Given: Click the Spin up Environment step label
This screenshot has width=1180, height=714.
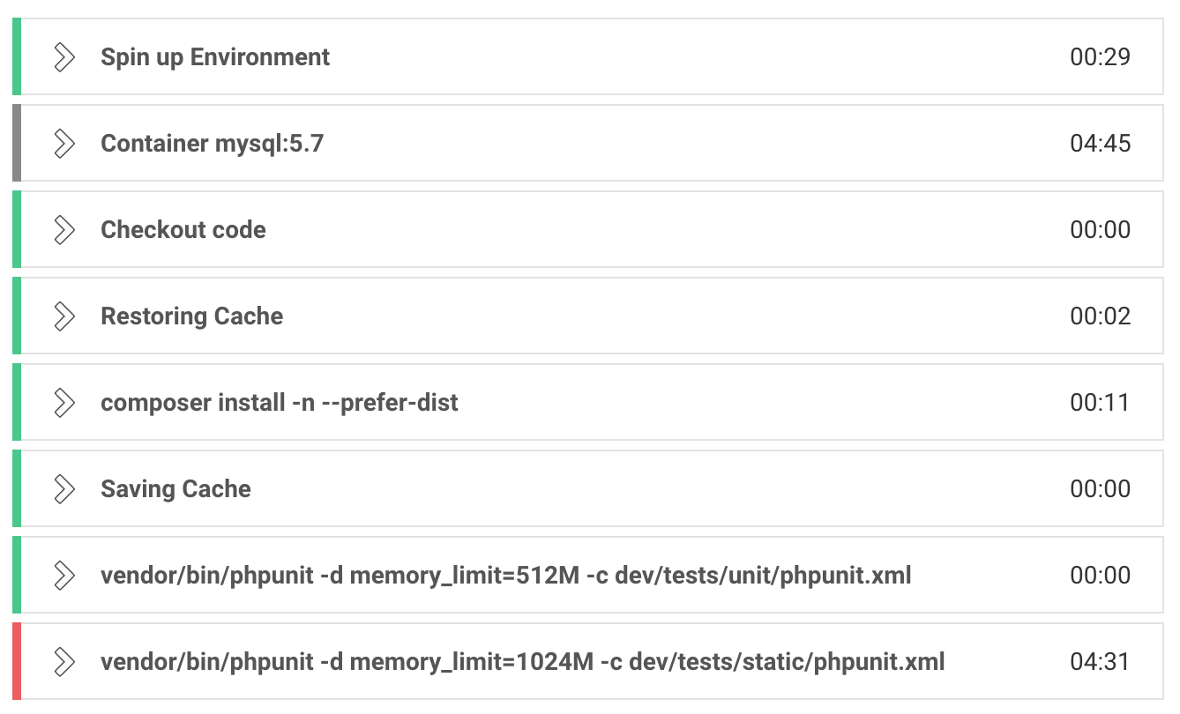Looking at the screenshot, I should coord(215,57).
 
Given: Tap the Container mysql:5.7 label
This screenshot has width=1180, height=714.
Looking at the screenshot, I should coord(212,144).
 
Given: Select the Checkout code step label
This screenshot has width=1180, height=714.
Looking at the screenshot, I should coord(183,230).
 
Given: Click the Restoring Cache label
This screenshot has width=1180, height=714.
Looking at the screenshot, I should coord(191,316).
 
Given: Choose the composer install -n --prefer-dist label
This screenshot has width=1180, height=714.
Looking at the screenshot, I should coord(279,403).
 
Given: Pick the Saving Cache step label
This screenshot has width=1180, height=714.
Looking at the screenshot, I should coord(176,489).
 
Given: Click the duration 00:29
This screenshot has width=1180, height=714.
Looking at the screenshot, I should coord(1100,57).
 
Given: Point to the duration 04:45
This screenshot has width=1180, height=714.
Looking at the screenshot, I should coord(1100,144).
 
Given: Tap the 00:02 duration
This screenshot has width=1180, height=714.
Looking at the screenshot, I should coord(1100,316).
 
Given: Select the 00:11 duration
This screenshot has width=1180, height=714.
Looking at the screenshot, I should coord(1100,403).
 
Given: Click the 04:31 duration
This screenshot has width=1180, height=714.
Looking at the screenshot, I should coord(1100,662).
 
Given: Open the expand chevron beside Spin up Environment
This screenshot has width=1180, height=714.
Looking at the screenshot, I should coord(63,57).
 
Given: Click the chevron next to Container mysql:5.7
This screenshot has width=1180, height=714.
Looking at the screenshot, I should coord(63,144).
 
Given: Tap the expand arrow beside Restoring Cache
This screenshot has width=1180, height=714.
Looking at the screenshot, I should coord(63,316).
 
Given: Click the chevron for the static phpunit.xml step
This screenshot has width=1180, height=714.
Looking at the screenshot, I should coord(63,662).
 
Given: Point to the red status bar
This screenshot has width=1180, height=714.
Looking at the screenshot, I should coord(17,662).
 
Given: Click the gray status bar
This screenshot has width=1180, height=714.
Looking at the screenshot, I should coord(17,144).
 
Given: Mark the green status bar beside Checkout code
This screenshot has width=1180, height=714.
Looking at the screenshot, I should coord(17,230).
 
